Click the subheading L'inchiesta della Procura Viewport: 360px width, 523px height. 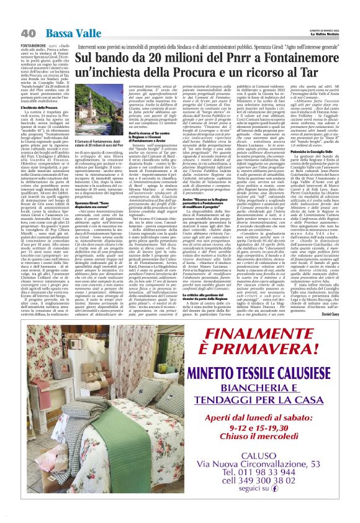40,107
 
